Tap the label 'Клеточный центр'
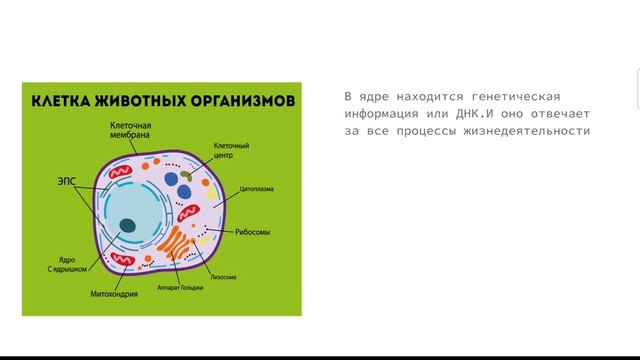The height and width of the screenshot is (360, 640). [x=231, y=150]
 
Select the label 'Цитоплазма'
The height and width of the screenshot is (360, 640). [x=257, y=187]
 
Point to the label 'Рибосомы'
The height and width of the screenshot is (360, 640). [x=252, y=233]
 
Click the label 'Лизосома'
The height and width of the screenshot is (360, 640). [x=222, y=276]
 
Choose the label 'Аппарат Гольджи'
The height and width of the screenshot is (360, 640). [x=179, y=287]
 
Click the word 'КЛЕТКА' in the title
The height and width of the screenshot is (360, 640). [x=64, y=102]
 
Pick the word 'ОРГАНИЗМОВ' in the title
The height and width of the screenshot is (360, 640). [x=240, y=102]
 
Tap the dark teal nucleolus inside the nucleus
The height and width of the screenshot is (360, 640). [x=128, y=224]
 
